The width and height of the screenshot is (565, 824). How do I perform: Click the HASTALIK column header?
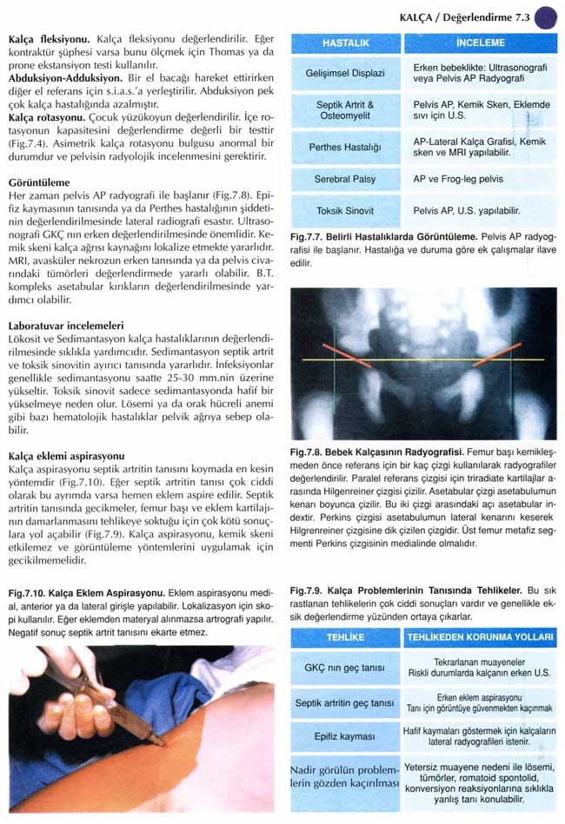tap(345, 43)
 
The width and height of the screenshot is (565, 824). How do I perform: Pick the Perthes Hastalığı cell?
tap(345, 148)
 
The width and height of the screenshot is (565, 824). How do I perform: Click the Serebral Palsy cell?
tap(345, 180)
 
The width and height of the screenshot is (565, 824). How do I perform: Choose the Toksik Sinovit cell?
tap(345, 210)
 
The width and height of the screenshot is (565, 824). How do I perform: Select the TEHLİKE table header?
tap(345, 637)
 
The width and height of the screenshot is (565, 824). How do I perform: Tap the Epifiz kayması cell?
tap(345, 737)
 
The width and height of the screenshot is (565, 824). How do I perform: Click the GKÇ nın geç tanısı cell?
tap(345, 667)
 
